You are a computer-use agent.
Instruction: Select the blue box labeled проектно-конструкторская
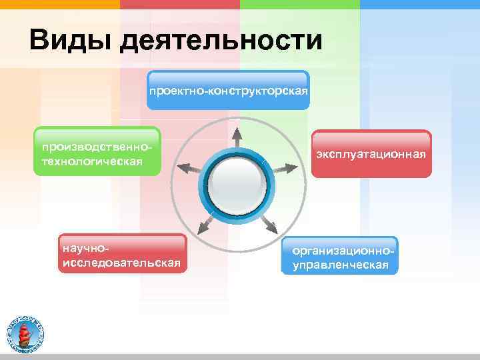[229, 90]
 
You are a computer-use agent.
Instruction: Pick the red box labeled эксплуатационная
[371, 154]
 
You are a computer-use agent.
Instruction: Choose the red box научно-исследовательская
[121, 254]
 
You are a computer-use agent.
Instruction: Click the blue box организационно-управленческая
[340, 256]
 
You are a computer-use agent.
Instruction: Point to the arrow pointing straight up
[237, 136]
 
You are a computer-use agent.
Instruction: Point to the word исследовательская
[121, 263]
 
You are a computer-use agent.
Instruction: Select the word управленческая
[340, 265]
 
